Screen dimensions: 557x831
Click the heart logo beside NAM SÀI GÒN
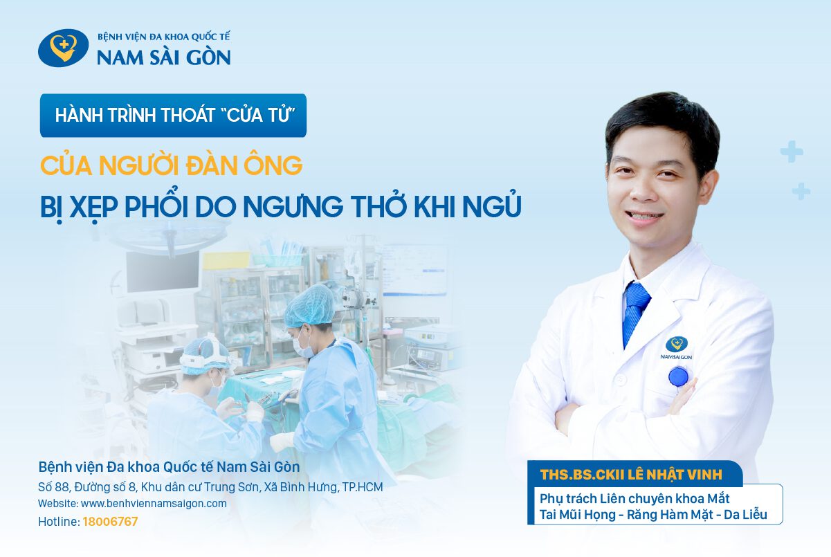63,48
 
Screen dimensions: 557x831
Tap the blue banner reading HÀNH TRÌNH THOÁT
173,115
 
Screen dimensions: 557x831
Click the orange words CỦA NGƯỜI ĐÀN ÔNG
171,166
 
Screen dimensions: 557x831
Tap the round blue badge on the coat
678,377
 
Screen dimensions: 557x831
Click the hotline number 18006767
110,522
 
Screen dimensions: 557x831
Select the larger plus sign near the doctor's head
790,151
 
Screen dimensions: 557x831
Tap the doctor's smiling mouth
647,217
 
